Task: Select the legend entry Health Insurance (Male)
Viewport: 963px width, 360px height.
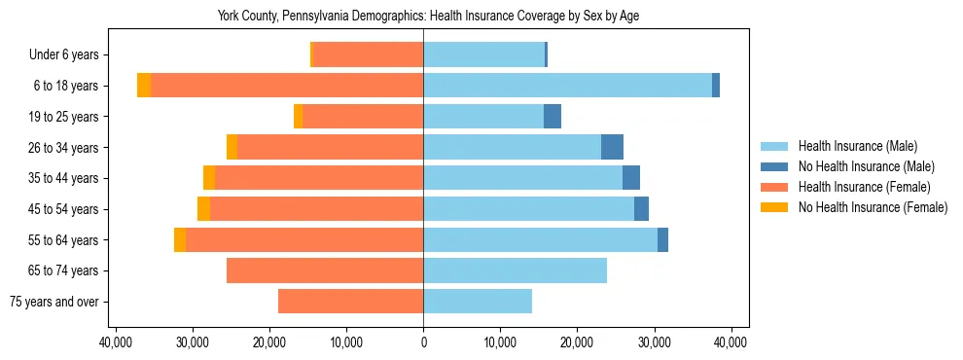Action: pos(857,146)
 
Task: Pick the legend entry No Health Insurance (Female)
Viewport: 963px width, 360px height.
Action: pos(873,207)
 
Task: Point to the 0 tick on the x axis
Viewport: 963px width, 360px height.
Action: pos(423,342)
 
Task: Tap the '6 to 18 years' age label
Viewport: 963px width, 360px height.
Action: pos(65,86)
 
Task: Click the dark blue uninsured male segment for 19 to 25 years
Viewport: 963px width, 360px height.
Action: pos(553,117)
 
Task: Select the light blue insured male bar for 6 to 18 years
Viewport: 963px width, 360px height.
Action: pos(567,86)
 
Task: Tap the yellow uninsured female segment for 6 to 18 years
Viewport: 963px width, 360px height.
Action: pos(144,86)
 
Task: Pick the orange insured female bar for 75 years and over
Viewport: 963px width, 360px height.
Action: pos(350,302)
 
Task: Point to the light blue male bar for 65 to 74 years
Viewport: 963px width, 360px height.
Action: pos(515,270)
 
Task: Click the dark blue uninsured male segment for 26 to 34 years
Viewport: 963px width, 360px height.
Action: pos(612,147)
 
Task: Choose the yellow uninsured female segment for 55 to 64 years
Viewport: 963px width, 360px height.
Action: pos(180,239)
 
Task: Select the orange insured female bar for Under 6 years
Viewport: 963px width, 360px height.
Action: pos(368,55)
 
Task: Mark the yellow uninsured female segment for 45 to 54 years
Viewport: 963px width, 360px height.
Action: pos(203,209)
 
